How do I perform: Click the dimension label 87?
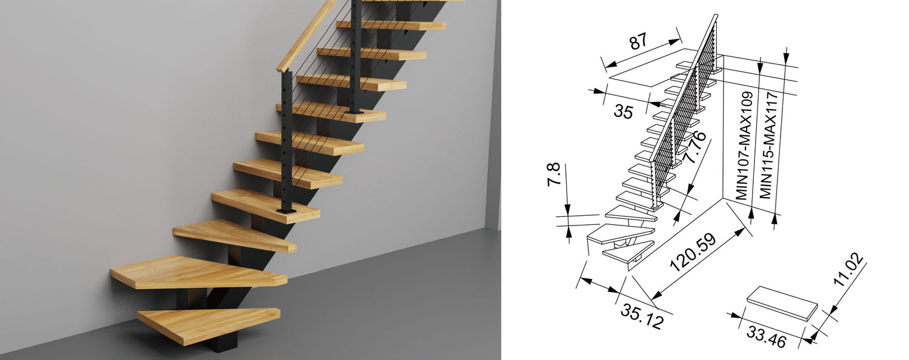point(638,42)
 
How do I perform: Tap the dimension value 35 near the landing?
point(623,111)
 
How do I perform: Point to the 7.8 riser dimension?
point(554,174)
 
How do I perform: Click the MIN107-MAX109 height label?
point(744,145)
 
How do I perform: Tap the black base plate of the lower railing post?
point(287,211)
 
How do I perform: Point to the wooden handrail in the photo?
point(307,36)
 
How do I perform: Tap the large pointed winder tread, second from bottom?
point(199,272)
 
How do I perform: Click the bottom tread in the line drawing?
point(628,252)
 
